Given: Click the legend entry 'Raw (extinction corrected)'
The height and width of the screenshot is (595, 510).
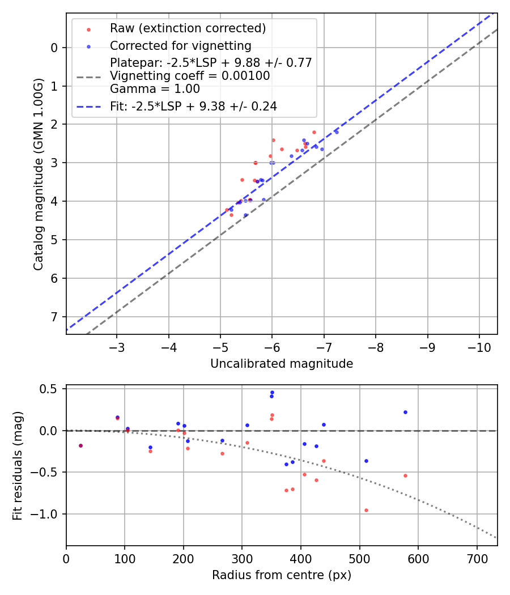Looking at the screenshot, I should click(188, 28).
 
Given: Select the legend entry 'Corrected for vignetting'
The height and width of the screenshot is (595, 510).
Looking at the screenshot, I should click(180, 45).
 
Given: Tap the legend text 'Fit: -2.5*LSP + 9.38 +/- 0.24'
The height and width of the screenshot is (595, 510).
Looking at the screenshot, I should click(193, 106).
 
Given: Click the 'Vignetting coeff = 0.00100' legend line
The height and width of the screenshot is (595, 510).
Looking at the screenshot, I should click(190, 76).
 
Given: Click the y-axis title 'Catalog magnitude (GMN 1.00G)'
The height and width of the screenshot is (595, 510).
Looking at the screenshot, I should click(38, 173).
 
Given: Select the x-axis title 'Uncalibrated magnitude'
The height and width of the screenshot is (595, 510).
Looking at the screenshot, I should click(282, 364).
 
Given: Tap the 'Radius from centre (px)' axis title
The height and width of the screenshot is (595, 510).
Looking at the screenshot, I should click(282, 575).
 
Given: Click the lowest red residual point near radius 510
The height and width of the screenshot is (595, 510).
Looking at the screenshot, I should click(366, 510).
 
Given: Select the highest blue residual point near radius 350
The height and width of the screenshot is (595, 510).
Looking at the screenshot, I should click(272, 392).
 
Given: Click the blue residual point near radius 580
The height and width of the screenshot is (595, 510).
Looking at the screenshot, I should click(405, 412).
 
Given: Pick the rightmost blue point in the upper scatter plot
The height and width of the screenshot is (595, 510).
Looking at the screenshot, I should click(337, 131).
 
